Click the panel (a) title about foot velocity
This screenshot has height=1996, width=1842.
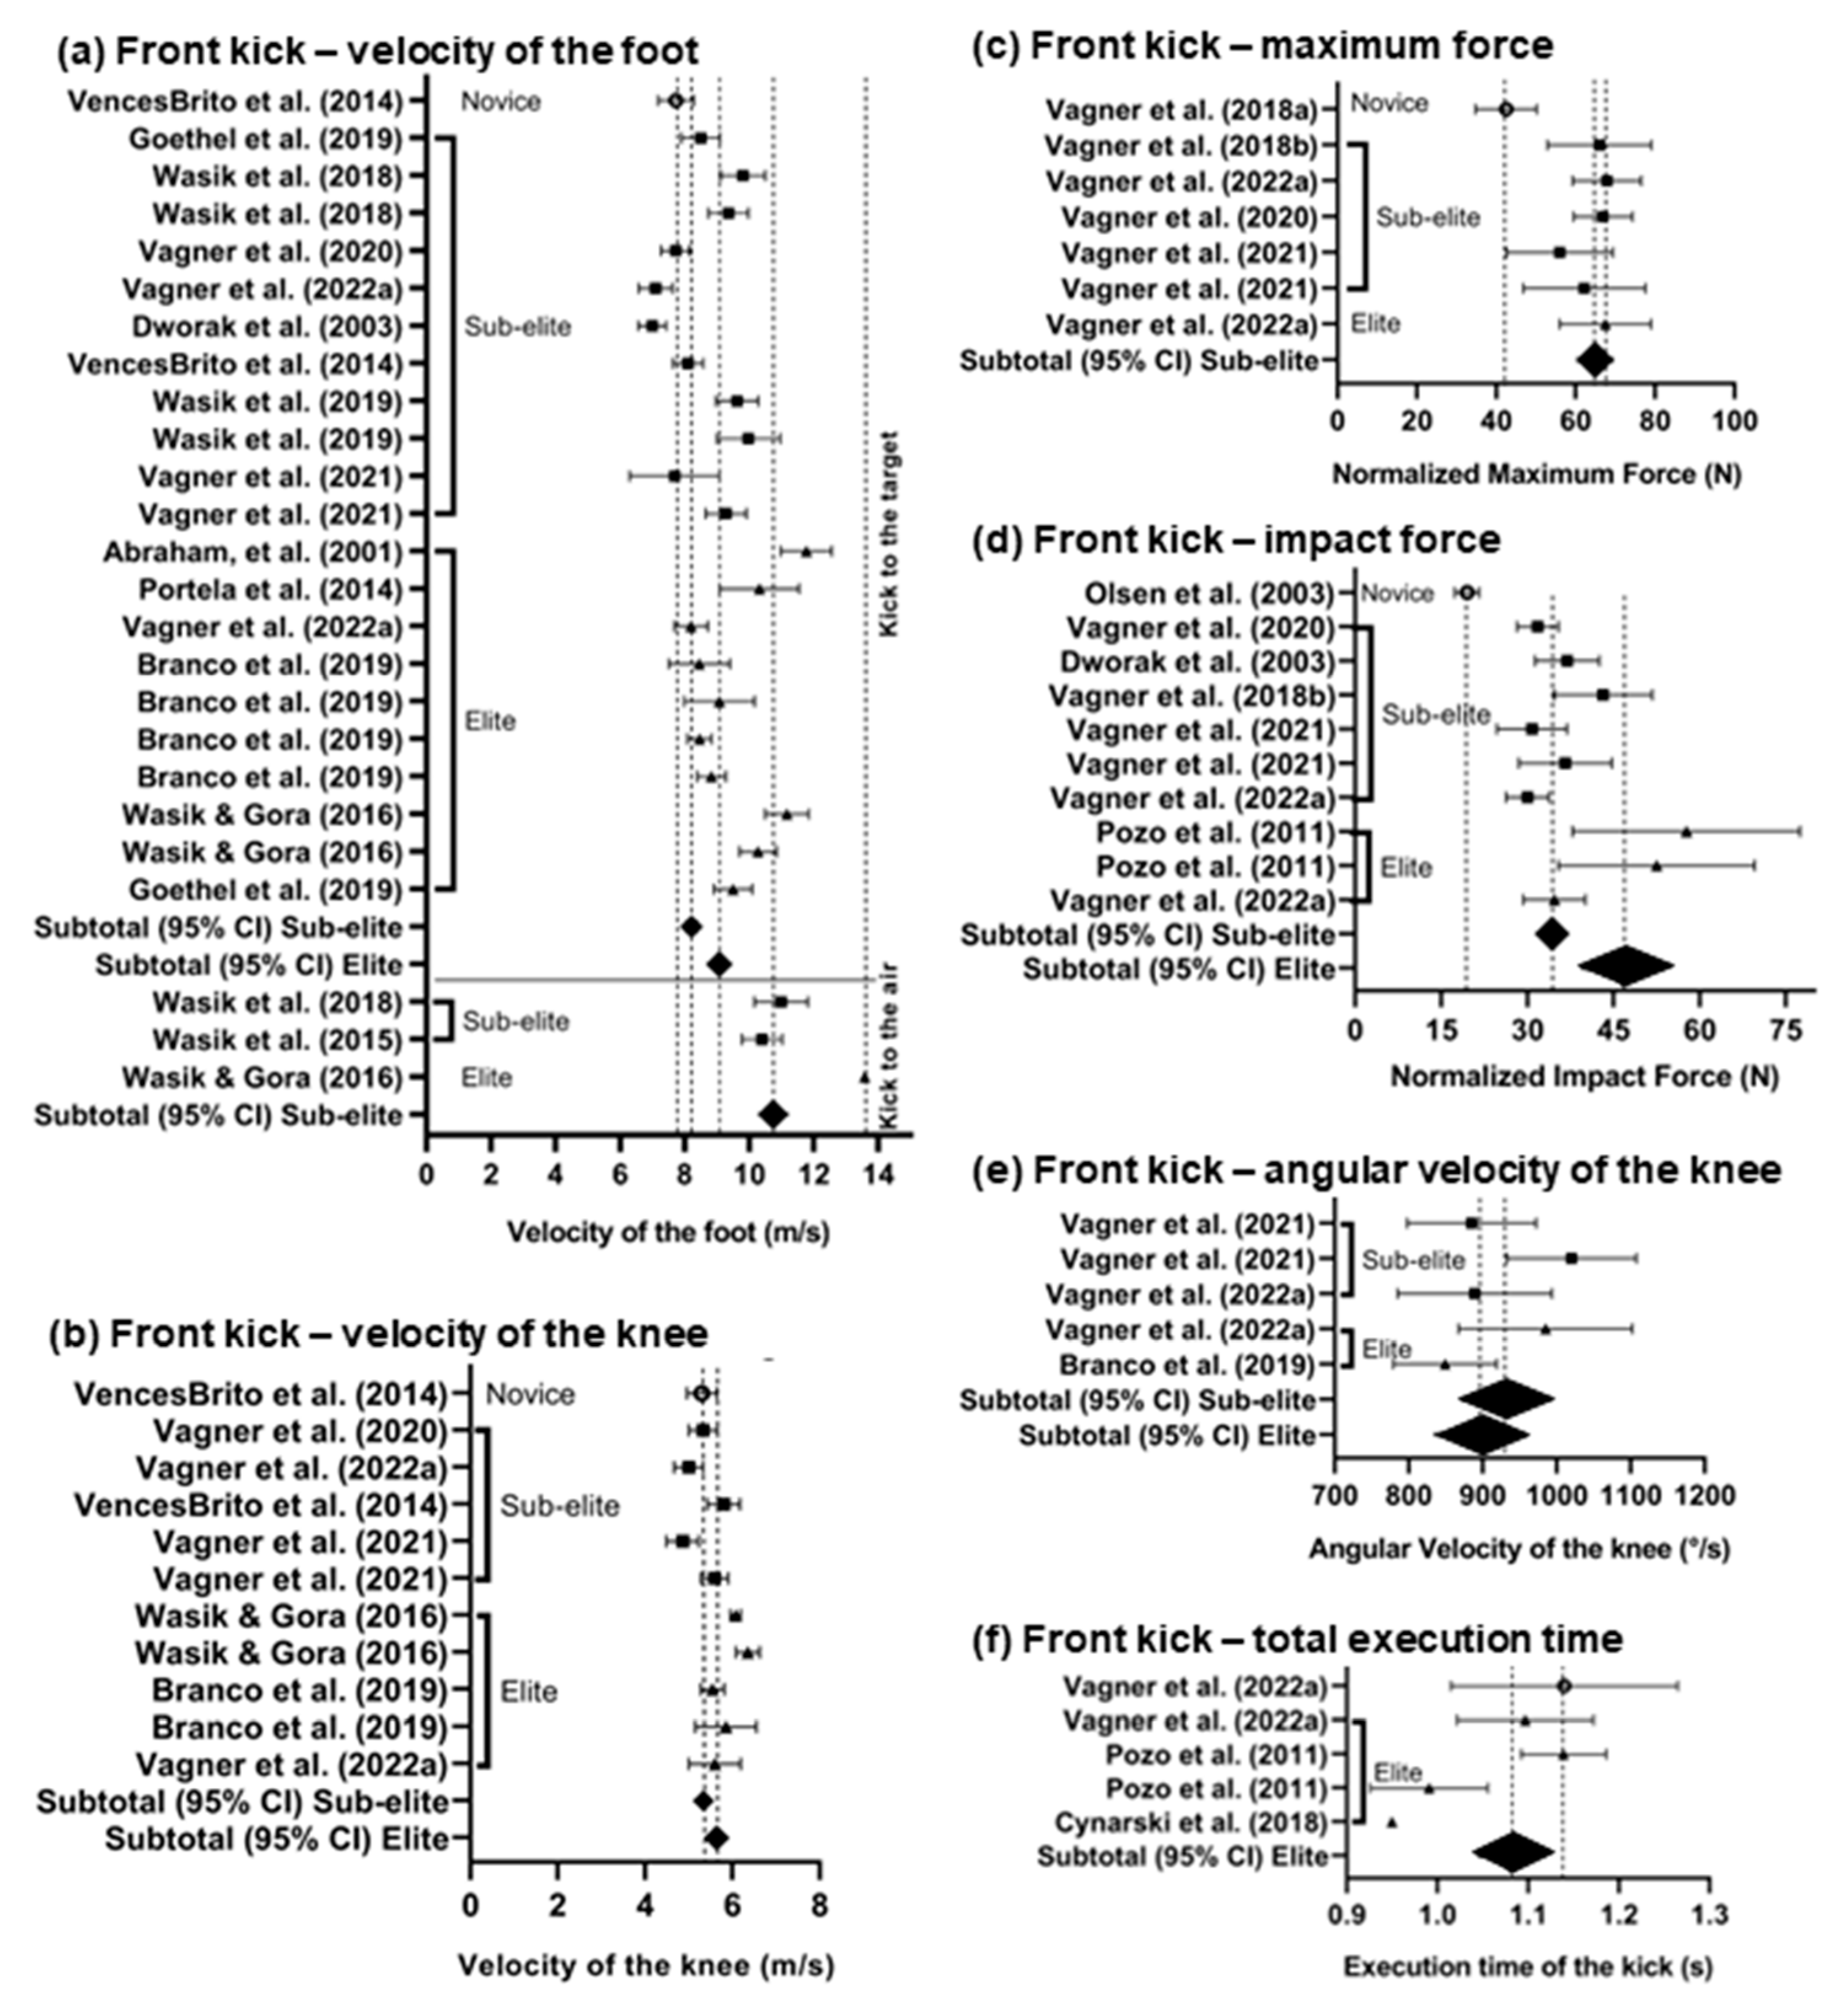tap(377, 51)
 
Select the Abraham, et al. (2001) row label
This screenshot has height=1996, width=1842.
tap(252, 553)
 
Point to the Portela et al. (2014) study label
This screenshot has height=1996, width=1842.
tap(269, 590)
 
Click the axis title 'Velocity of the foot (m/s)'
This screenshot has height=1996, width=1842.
tap(668, 1233)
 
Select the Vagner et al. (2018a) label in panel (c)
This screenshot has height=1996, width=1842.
tap(1181, 109)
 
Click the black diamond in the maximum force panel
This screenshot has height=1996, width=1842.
tap(1594, 361)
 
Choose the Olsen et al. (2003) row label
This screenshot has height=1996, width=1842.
tap(1209, 594)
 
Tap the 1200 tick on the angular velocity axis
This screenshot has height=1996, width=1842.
tap(1704, 1496)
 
